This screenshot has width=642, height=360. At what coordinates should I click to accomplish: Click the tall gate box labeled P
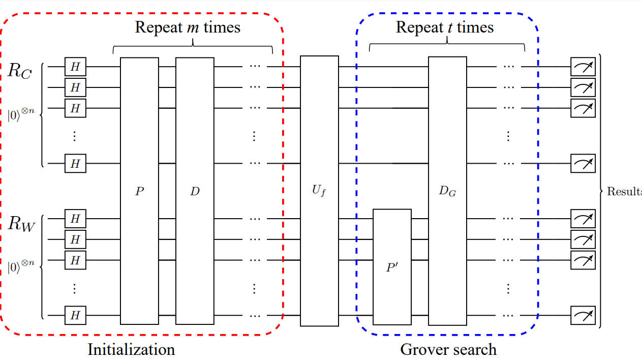[x=139, y=191]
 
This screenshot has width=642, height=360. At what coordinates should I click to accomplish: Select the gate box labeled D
[x=195, y=191]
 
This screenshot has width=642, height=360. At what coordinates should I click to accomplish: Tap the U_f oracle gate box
[x=319, y=191]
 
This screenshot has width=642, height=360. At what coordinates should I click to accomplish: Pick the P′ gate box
[x=392, y=266]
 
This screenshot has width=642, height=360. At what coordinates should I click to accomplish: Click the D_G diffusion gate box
[x=447, y=191]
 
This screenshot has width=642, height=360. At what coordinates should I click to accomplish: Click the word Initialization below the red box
[x=131, y=350]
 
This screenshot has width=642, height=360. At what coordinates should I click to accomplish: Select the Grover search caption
[x=448, y=350]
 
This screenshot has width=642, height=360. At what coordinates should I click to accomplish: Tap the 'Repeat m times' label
[x=187, y=27]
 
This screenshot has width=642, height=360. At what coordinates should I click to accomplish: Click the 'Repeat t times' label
[x=445, y=27]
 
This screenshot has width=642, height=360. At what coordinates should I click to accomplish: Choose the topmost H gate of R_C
[x=75, y=67]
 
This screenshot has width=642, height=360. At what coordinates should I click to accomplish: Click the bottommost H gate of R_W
[x=75, y=316]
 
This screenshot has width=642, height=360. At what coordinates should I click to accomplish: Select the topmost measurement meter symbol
[x=583, y=67]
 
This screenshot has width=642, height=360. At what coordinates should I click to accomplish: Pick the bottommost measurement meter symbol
[x=583, y=316]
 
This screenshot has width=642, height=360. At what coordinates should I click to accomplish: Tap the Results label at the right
[x=625, y=192]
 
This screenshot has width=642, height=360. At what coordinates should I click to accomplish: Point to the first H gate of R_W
[x=75, y=219]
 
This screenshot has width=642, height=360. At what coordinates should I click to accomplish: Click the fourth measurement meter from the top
[x=583, y=164]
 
